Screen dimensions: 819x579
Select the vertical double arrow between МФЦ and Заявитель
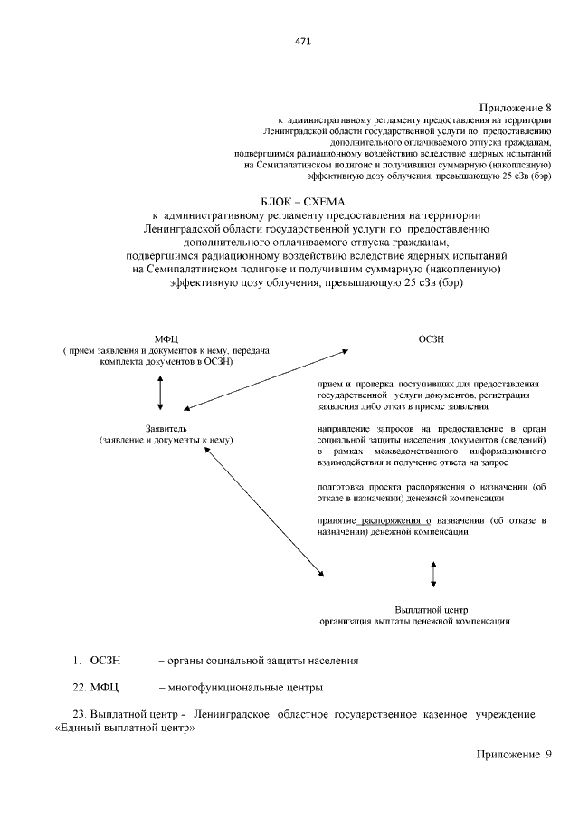[160, 392]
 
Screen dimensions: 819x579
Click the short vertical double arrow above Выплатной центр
[433, 575]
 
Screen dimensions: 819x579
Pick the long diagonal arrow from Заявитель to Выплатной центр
[265, 511]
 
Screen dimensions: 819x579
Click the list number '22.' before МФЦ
[81, 687]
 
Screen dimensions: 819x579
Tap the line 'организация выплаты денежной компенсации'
[415, 622]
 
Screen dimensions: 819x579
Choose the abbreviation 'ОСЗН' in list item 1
[105, 660]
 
